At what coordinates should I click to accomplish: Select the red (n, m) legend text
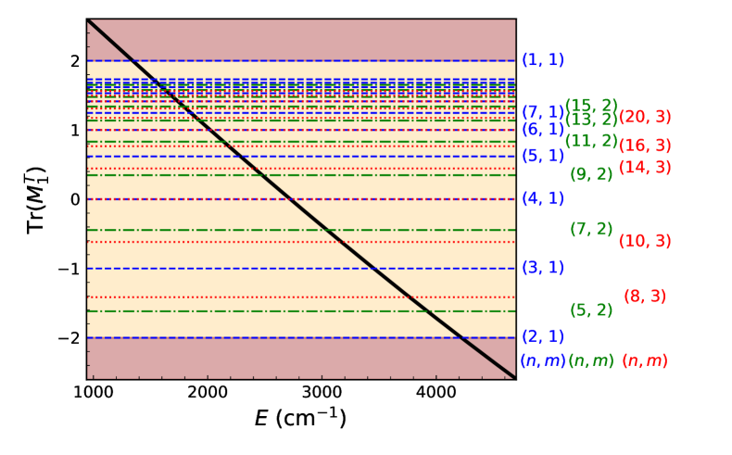(645, 360)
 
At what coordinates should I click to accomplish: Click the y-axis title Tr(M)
(35, 198)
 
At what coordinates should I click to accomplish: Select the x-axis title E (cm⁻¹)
(301, 420)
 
